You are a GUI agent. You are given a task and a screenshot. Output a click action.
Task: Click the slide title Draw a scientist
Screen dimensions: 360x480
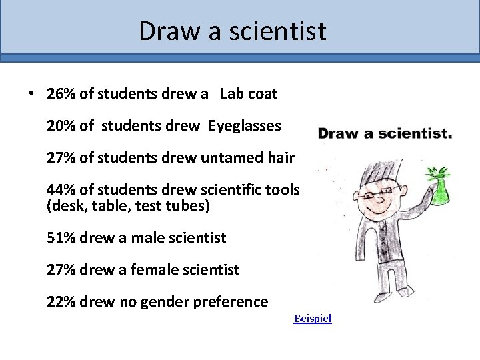point(233,31)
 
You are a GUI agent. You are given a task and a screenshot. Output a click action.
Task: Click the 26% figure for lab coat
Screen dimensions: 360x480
point(61,95)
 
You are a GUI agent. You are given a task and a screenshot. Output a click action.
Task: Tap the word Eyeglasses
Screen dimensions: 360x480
point(245,125)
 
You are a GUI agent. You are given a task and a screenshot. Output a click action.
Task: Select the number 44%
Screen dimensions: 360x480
point(61,191)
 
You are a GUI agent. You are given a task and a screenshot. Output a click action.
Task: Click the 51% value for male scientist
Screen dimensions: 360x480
point(61,237)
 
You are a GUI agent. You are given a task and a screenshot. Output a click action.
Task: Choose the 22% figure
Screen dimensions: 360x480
point(61,302)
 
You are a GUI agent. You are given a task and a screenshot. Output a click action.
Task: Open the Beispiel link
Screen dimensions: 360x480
point(313,319)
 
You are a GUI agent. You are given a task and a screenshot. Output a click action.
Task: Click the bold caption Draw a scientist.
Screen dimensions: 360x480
point(385,134)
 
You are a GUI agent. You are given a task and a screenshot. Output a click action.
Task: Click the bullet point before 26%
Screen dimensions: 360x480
point(31,94)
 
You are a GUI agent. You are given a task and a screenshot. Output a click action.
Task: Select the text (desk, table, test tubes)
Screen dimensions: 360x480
point(128,207)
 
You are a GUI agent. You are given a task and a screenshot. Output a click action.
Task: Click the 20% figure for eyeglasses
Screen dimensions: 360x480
point(61,125)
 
